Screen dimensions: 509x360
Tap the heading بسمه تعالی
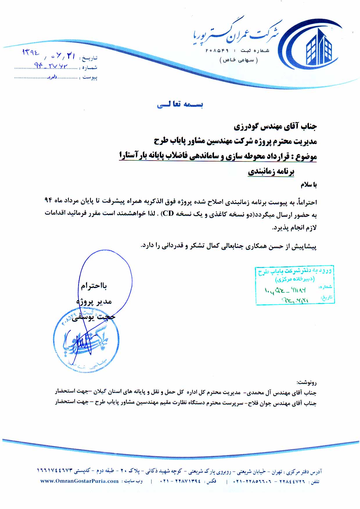pos(180,105)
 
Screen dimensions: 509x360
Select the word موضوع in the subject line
pos(305,157)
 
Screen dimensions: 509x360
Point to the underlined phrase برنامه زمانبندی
pos(271,172)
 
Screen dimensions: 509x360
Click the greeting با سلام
pos(308,185)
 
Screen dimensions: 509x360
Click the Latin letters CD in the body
pos(168,214)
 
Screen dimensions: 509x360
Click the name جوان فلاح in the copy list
pos(259,403)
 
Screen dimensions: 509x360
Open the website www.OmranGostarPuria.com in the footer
pos(80,481)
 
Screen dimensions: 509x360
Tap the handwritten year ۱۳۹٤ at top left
pos(31,53)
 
